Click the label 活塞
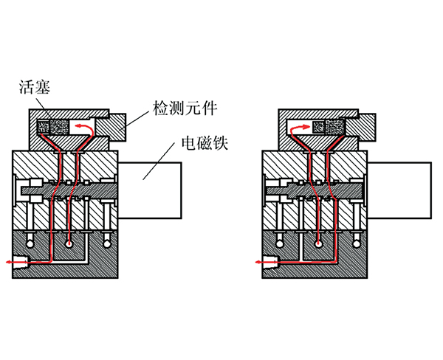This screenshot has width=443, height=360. (x=35, y=89)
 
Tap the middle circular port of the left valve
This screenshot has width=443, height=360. (x=69, y=241)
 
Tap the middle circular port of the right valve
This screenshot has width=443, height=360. (x=317, y=241)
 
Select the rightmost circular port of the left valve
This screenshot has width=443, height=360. (x=109, y=241)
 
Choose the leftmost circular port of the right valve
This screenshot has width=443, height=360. (x=278, y=241)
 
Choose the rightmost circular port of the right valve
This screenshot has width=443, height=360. (x=357, y=241)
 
